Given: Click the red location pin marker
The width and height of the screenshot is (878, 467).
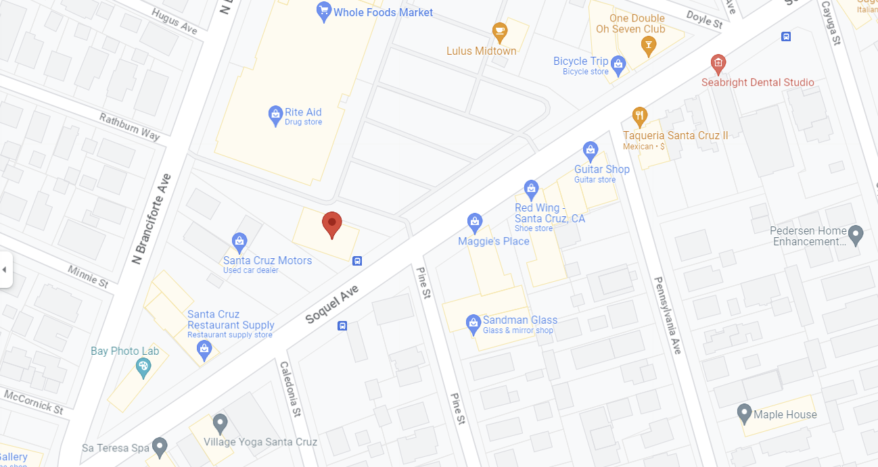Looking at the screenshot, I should coord(331,224).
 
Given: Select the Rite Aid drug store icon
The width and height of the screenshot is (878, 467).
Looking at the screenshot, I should coord(275,116).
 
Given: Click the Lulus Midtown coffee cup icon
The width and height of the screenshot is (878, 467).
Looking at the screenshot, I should coord(499,31).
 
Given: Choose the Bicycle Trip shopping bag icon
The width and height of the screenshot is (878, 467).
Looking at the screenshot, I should coord(618,65).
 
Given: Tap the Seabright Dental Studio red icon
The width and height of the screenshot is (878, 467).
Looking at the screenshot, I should coord(718,65).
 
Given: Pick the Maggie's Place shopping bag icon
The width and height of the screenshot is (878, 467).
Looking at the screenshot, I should coord(475,222).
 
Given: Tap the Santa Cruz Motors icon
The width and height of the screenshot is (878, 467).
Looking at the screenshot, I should coord(239,241).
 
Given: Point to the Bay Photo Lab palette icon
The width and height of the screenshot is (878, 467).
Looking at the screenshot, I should coord(143,368).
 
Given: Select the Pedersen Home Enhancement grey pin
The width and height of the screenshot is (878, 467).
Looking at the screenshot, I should coord(856,235).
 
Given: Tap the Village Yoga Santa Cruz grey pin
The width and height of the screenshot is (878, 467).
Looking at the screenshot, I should coord(220,424).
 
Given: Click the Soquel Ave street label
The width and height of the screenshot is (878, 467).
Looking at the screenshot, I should coord(331,303).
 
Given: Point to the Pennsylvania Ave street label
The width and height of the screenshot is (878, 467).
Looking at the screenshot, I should coord(668,315).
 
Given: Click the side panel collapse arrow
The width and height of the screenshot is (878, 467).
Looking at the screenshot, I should coord(5,270).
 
